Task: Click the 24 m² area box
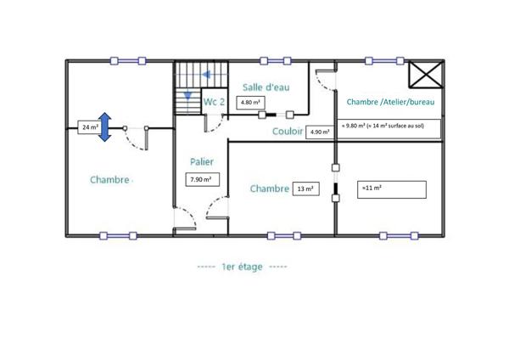(x=88, y=127)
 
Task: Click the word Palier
(x=202, y=161)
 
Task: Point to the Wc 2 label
(x=214, y=102)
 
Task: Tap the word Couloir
(x=288, y=132)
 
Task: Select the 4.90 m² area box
(x=320, y=132)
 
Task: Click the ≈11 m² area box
(x=392, y=188)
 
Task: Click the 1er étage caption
(x=242, y=267)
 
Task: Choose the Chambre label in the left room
(x=110, y=180)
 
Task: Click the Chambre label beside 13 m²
(x=270, y=188)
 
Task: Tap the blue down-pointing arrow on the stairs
(x=187, y=94)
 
